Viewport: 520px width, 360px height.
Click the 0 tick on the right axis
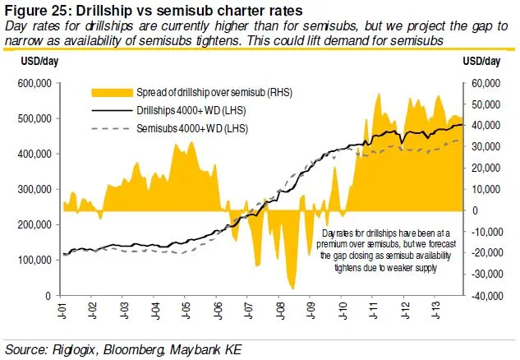tap(474, 210)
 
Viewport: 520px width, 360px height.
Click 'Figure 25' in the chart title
tap(37, 10)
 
